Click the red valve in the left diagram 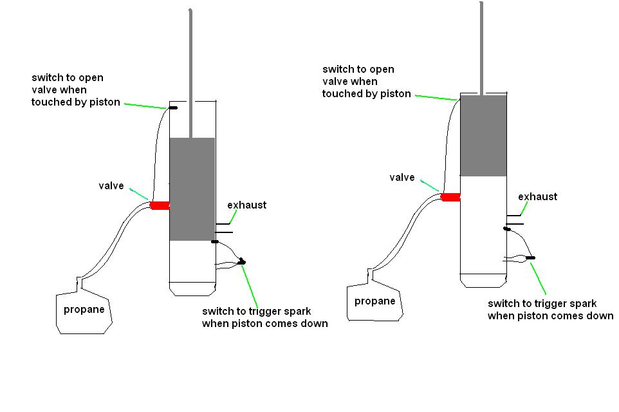tap(159, 205)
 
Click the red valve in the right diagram tap(450, 197)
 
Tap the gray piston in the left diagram tap(192, 189)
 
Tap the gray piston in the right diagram tap(483, 135)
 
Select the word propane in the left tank tap(84, 310)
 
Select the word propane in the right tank tap(374, 301)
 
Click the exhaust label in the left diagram tap(246, 205)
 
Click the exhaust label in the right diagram tap(537, 196)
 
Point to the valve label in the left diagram tap(111, 186)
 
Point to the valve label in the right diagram tap(402, 177)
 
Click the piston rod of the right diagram tap(482, 45)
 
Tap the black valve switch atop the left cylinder tap(173, 108)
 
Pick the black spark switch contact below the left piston tap(215, 242)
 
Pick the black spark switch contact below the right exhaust tap(507, 229)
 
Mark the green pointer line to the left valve tap(139, 193)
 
